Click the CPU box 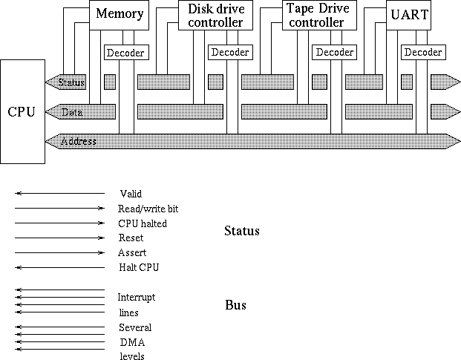pos(22,111)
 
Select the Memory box pos(120,15)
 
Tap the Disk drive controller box pos(211,15)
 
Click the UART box pos(408,15)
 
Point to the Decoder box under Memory pos(125,53)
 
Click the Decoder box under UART pos(423,53)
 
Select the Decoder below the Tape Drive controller pos(334,53)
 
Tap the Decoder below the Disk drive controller pos(229,53)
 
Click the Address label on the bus pos(78,141)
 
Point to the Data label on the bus pos(72,112)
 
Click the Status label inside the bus pos(73,82)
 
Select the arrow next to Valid pos(59,194)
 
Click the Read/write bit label pos(148,209)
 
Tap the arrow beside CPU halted pos(59,223)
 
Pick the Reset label pos(131,238)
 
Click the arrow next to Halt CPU pos(59,267)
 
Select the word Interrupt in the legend pos(136,298)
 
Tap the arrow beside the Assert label pos(59,252)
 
